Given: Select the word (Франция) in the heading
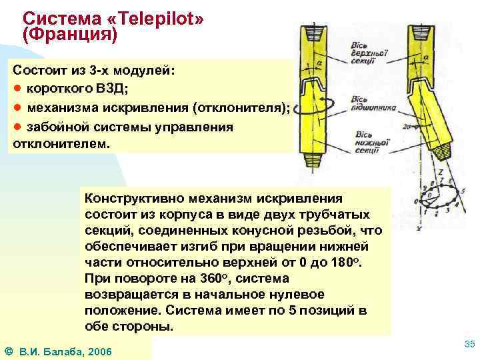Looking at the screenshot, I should [x=69, y=35].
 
